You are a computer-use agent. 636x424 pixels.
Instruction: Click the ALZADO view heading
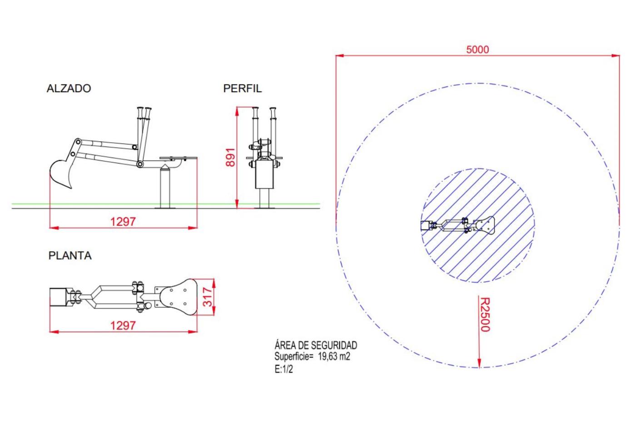[69, 88]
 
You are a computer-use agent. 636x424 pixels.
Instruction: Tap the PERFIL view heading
[242, 88]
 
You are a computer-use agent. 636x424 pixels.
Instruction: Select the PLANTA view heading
[70, 255]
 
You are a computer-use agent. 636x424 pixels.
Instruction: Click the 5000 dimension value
[477, 50]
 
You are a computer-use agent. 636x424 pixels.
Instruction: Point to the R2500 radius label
[485, 314]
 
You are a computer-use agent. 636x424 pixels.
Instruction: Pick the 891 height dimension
[230, 157]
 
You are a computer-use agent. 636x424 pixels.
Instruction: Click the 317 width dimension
[208, 297]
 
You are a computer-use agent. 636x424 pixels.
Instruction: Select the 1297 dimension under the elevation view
[123, 221]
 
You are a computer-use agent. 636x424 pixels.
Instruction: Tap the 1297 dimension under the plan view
[123, 325]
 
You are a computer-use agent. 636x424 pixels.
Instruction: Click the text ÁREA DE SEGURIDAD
[316, 345]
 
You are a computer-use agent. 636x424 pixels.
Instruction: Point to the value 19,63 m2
[334, 356]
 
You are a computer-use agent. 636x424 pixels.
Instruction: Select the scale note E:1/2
[283, 369]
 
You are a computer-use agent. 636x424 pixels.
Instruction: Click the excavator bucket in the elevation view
[61, 174]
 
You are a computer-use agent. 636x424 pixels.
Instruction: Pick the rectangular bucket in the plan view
[59, 297]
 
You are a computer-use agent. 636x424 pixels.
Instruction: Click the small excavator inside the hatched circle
[457, 225]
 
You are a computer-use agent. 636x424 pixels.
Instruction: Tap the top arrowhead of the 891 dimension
[237, 112]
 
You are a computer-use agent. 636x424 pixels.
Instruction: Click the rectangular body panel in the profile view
[264, 174]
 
